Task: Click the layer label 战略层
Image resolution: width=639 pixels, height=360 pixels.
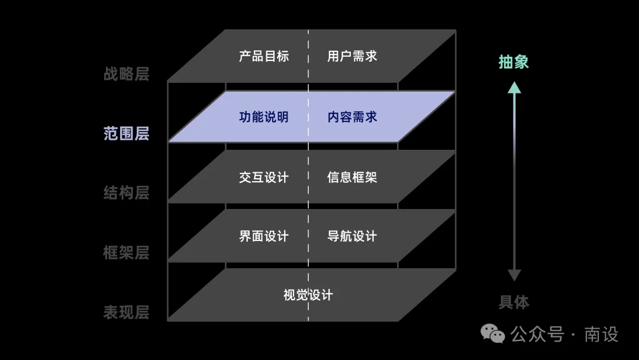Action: [127, 74]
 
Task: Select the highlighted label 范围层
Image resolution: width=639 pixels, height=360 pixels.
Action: [127, 133]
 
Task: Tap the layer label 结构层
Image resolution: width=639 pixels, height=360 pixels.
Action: [127, 193]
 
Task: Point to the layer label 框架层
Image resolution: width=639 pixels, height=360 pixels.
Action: [127, 253]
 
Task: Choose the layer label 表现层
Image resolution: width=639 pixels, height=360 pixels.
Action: [127, 312]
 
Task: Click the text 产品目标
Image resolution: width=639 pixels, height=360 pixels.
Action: [264, 56]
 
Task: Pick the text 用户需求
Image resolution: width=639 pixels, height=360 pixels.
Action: [352, 56]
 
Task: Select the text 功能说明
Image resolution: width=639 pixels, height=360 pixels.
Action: [264, 117]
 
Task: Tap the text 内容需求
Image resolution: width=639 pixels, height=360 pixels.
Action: [352, 117]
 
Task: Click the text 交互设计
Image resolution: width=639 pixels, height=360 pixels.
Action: [264, 178]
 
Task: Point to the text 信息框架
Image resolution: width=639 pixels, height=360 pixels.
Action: [352, 178]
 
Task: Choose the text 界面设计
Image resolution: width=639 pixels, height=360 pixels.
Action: [264, 236]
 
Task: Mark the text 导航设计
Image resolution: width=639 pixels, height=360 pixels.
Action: [352, 236]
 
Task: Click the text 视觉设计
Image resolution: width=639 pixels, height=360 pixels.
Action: [308, 295]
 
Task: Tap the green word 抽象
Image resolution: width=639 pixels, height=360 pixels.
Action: [514, 62]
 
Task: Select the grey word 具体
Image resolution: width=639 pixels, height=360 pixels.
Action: [514, 302]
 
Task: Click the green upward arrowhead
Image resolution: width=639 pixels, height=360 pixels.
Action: [514, 88]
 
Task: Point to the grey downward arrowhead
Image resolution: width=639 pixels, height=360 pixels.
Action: [514, 275]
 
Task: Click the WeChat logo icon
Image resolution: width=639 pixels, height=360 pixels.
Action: [493, 334]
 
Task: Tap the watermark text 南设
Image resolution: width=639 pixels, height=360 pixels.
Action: [602, 335]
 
